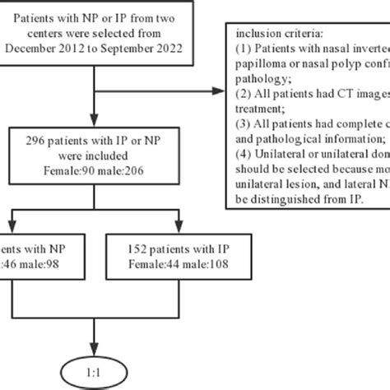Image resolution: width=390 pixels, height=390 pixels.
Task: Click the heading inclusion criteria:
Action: [x=281, y=35]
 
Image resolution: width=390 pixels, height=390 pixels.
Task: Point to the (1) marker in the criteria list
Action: [x=243, y=50]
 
